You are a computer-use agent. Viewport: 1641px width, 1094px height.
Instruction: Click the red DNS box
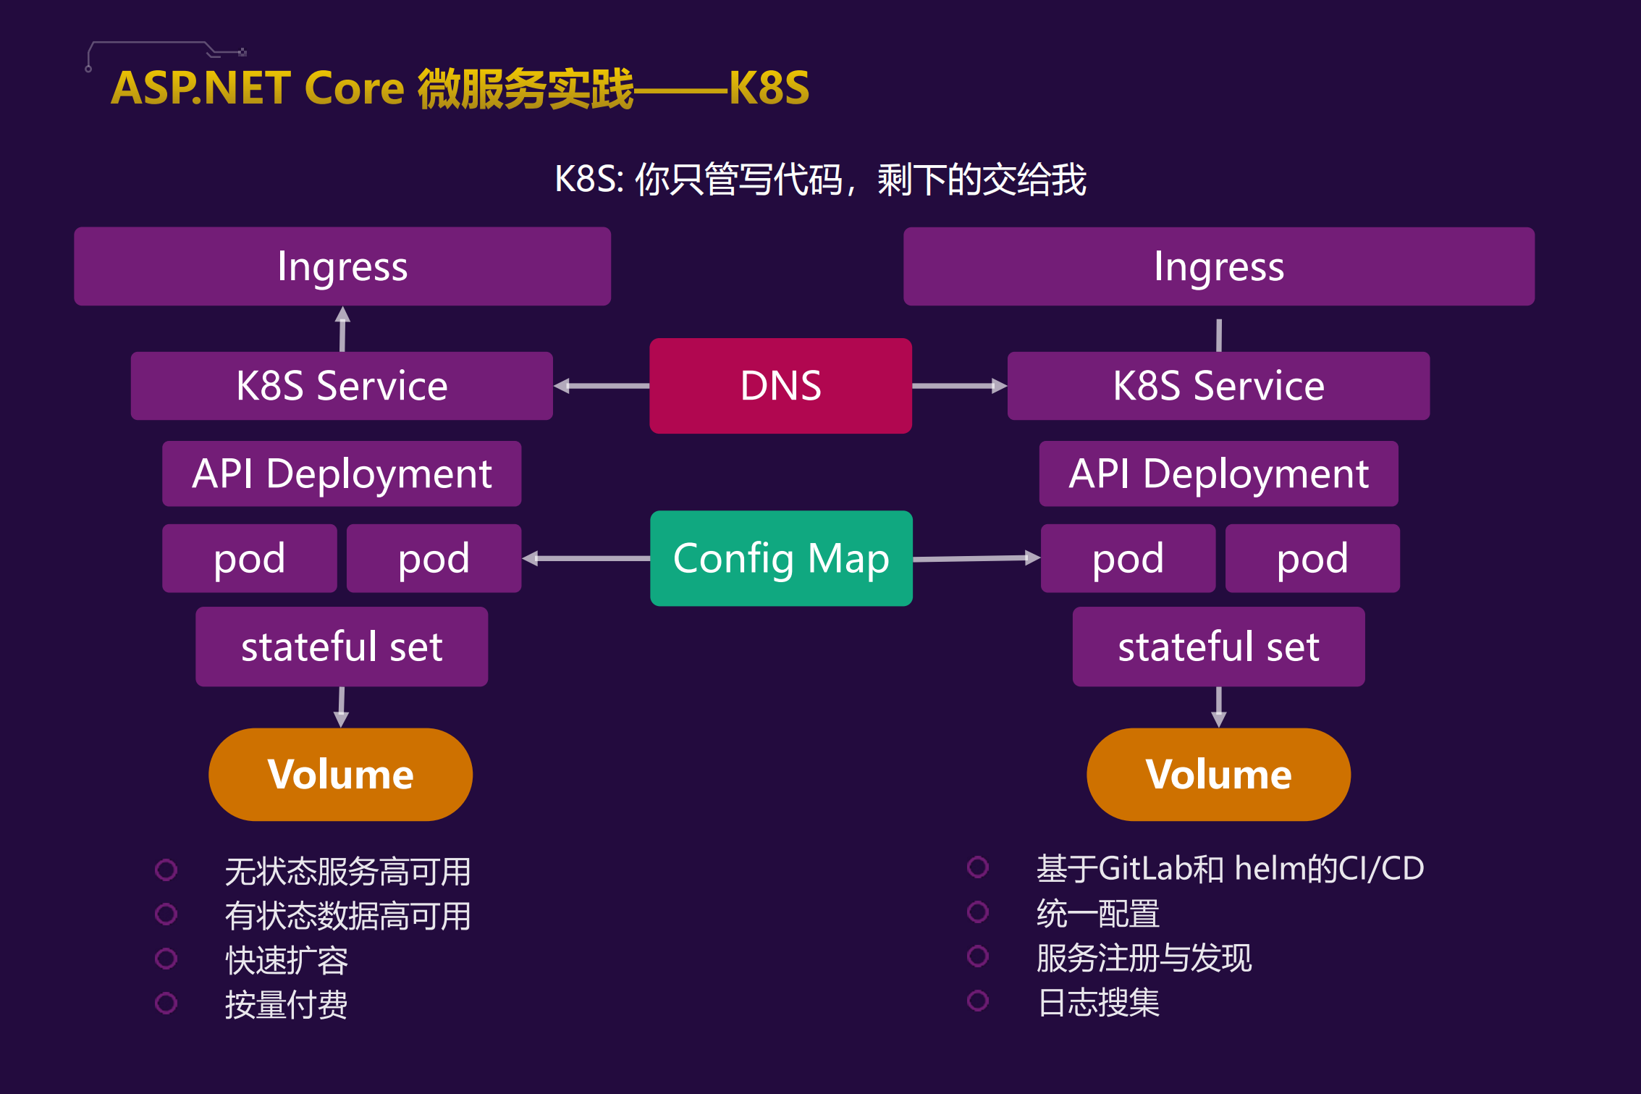coord(780,385)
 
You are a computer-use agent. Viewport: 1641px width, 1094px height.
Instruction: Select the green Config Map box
coord(781,558)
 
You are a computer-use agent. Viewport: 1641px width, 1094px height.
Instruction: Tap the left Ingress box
coord(342,266)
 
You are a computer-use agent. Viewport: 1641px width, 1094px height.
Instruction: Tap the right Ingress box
coord(1218,266)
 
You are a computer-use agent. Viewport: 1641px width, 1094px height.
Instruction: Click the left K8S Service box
coord(342,385)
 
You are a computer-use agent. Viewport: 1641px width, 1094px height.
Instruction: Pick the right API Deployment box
coord(1218,474)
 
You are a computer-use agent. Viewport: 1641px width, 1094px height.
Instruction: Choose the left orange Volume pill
coord(340,774)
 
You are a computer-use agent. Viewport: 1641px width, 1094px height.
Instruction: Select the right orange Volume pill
coord(1218,774)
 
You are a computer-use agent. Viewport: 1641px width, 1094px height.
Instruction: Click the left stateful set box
coord(342,647)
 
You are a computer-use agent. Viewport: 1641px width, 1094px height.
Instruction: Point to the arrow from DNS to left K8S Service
coord(601,386)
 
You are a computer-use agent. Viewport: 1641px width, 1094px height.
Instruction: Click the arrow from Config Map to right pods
coord(976,558)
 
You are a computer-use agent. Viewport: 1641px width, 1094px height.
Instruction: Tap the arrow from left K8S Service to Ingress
coord(342,329)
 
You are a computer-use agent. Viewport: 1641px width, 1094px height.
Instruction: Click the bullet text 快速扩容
coord(287,960)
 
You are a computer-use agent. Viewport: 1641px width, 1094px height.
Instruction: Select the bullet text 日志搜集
coord(1098,1003)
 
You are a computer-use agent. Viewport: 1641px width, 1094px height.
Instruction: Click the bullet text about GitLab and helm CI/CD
coord(1230,868)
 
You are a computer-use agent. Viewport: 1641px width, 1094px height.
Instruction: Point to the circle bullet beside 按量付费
coord(166,1003)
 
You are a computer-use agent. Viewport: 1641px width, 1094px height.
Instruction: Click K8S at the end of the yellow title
coord(769,88)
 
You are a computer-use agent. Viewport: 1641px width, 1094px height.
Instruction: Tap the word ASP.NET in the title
coord(201,88)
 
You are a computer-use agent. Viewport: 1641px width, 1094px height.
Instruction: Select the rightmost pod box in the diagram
coord(1312,558)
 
